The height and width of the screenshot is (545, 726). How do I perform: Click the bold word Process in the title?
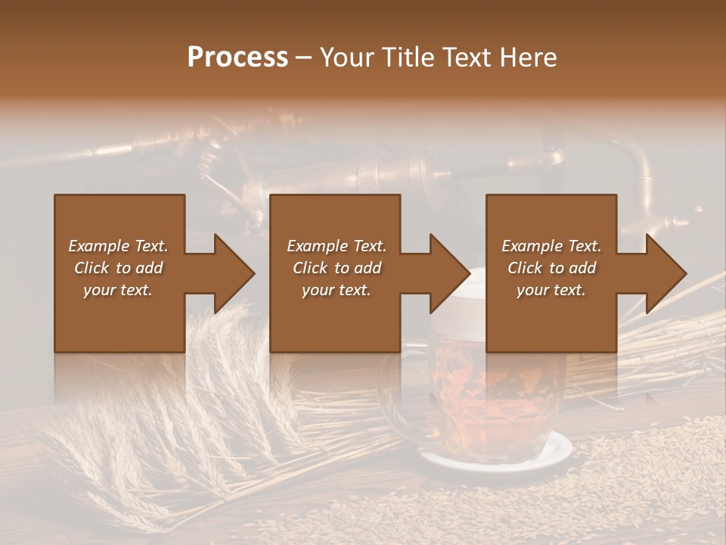point(237,57)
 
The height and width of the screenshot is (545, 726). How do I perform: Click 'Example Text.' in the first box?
point(118,246)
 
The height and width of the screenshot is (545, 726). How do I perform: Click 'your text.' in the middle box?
point(336,290)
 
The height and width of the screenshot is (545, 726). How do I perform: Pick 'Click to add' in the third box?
point(551,268)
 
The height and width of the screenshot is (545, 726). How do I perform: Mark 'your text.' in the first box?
point(118,290)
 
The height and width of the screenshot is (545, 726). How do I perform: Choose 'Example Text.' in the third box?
point(551,246)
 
